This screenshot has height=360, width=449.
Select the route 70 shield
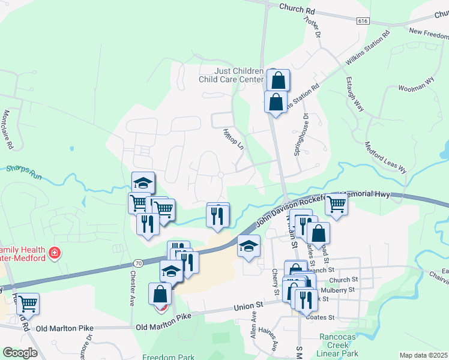pos(139,263)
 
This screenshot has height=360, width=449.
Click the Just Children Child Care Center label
pos(231,75)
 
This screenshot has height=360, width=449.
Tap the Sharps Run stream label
pos(22,170)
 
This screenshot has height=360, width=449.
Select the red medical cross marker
pos(54,253)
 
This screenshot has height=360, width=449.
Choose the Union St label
pos(249,307)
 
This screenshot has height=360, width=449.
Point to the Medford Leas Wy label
pos(386,158)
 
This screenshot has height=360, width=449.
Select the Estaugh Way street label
pos(355,94)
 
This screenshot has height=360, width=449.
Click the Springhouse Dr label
pos(301,135)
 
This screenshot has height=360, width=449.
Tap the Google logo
pos(20,353)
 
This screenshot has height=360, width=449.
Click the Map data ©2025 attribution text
pos(423,355)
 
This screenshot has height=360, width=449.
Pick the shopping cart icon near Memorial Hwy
pos(337,205)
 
